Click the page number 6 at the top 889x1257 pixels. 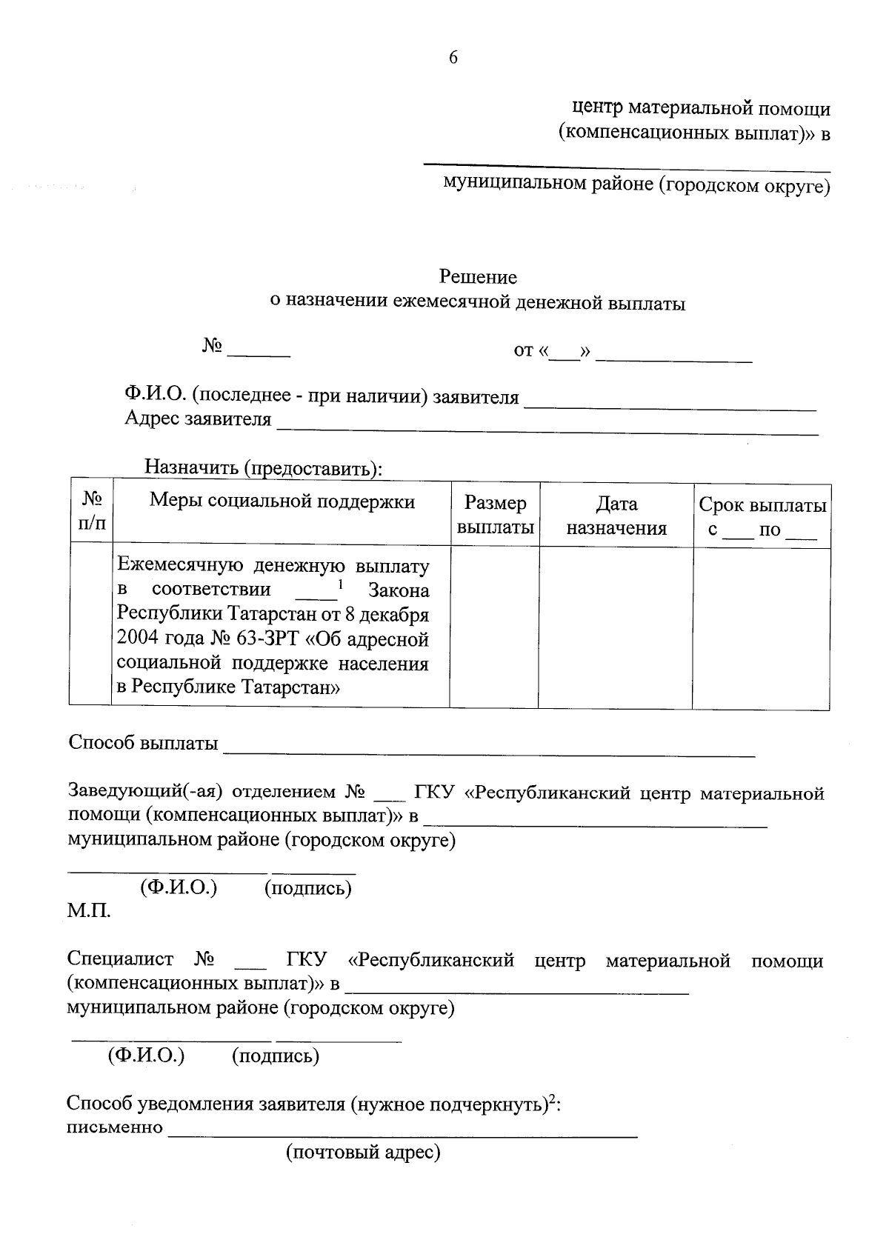coord(453,58)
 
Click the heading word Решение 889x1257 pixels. coord(478,278)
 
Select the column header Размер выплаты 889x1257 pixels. coord(495,516)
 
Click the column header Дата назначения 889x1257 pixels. coord(616,516)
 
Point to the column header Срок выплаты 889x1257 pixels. coord(762,507)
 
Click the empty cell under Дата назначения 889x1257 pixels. coord(616,628)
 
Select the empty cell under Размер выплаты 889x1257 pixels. coord(494,628)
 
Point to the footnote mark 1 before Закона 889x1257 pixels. coord(340,584)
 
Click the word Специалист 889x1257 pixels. coord(120,961)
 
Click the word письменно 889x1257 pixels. coord(115,1128)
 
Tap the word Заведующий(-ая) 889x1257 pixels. coord(145,793)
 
